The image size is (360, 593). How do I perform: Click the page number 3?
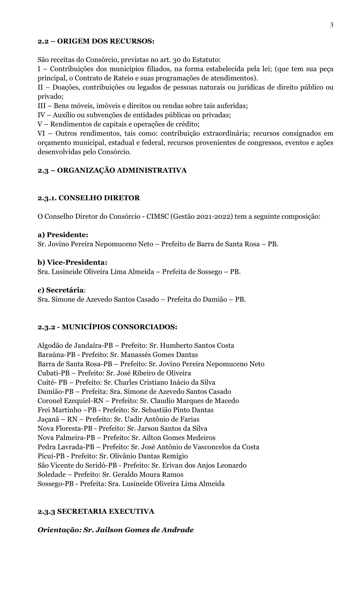tap(332, 25)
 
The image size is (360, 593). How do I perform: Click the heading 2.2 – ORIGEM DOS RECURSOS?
tap(96, 41)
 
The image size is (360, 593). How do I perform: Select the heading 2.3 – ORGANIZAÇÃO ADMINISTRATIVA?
tap(112, 170)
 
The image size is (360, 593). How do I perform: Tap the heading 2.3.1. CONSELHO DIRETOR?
tap(89, 198)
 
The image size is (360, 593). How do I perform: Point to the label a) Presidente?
tap(63, 235)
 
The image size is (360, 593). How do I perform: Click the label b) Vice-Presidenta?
tap(72, 262)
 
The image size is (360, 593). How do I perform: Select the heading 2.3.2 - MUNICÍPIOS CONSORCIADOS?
tap(107, 327)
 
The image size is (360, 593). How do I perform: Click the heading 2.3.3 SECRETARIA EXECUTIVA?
tap(96, 511)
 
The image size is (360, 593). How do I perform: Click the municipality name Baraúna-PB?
tap(56, 355)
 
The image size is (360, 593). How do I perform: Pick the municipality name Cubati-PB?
tap(54, 373)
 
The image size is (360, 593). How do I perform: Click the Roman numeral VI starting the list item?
tap(42, 134)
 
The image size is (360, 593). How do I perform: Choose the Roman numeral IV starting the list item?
tap(42, 115)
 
